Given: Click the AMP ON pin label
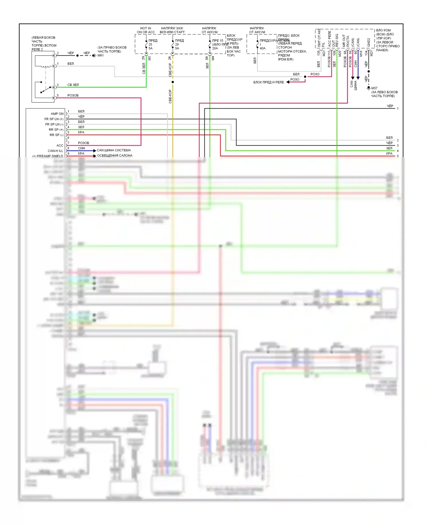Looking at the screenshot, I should click(57, 114).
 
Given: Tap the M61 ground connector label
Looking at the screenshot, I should click(101, 55).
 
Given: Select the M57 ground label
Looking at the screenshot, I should click(374, 88).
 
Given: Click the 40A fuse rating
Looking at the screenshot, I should click(263, 48).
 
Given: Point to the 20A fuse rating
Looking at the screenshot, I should click(215, 48).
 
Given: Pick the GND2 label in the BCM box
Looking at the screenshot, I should click(369, 42).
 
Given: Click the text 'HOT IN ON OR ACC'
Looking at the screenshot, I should click(146, 30).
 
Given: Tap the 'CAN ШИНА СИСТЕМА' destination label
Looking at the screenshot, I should click(114, 150).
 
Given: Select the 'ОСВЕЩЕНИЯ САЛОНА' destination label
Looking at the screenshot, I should click(115, 156).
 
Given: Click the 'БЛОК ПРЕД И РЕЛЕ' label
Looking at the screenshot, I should click(268, 82).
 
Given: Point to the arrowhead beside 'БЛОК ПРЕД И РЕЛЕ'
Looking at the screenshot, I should click(288, 82).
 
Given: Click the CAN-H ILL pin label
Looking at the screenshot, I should click(55, 151).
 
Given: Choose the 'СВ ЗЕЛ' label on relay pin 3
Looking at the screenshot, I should click(73, 85).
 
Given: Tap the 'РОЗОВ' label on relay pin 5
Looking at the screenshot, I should click(73, 95).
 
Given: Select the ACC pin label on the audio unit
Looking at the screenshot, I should click(60, 146).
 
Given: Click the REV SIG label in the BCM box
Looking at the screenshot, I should click(337, 40).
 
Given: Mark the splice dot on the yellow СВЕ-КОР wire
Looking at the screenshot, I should click(173, 82).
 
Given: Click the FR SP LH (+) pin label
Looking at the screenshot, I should click(54, 119).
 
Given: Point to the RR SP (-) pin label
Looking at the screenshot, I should click(56, 135).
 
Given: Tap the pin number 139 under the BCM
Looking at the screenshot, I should click(318, 53).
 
